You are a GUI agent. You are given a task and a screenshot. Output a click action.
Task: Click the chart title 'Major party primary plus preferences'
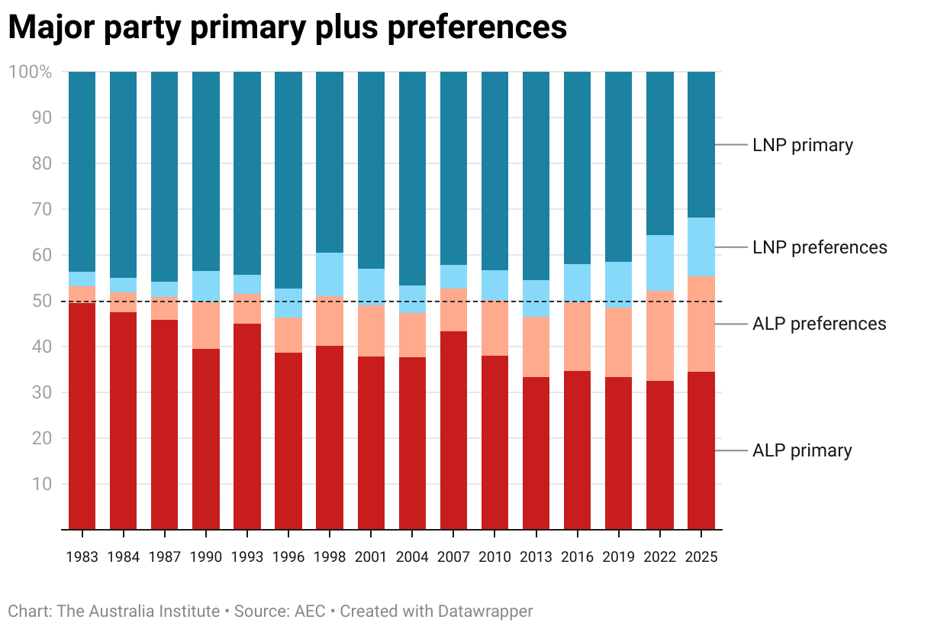point(288,28)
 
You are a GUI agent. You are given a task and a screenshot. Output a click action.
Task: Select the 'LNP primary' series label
point(802,145)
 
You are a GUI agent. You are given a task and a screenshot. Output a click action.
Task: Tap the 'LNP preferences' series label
point(820,247)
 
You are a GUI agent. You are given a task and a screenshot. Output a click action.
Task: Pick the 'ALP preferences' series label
point(819,324)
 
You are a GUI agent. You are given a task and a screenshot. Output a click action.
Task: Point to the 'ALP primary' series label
point(802,450)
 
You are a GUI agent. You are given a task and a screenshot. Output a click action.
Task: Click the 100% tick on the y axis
point(31,73)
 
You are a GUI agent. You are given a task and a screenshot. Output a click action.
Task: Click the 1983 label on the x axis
point(82,557)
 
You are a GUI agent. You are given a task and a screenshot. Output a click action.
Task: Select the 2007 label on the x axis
point(453,557)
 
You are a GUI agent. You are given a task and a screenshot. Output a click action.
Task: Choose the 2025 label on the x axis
point(701,557)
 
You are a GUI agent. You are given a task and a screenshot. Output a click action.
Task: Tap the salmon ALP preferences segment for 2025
point(701,324)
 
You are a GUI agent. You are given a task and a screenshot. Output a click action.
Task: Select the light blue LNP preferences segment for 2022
point(660,263)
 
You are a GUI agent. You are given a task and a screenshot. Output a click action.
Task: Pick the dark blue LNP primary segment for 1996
point(288,179)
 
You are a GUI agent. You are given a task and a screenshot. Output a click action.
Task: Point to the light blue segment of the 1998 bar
point(330,274)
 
